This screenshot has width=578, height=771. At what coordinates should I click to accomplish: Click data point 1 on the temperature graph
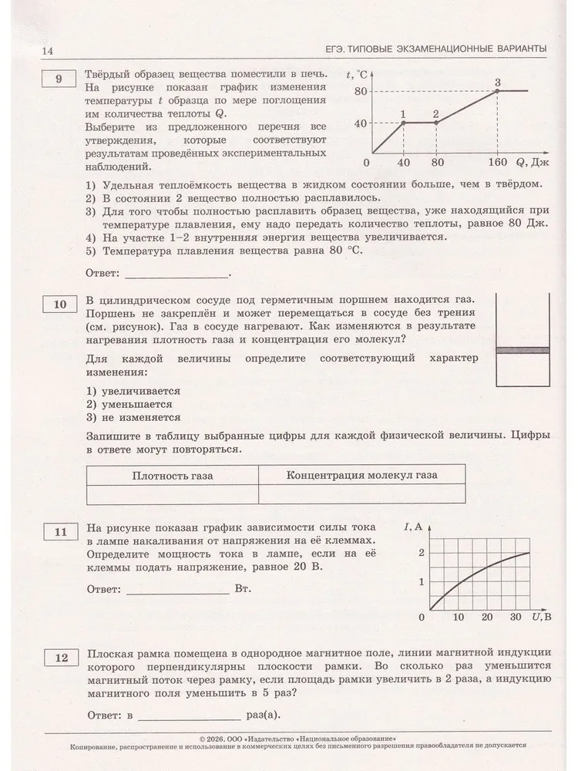click(403, 123)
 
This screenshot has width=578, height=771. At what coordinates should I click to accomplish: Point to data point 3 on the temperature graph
click(497, 90)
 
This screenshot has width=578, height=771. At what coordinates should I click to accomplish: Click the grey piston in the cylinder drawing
click(522, 351)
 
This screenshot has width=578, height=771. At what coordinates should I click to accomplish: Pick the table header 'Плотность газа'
click(172, 474)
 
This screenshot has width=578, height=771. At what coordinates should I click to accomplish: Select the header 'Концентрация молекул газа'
click(361, 474)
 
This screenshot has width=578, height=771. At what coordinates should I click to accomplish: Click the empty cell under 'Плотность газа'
click(172, 493)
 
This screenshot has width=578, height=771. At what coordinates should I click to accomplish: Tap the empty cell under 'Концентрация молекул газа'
click(361, 493)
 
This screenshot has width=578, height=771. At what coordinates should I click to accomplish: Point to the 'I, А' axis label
click(414, 527)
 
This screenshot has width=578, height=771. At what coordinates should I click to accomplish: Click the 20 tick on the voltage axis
click(487, 617)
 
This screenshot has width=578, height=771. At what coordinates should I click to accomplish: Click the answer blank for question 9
click(176, 274)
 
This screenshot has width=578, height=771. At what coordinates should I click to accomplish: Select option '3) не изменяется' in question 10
click(129, 417)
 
